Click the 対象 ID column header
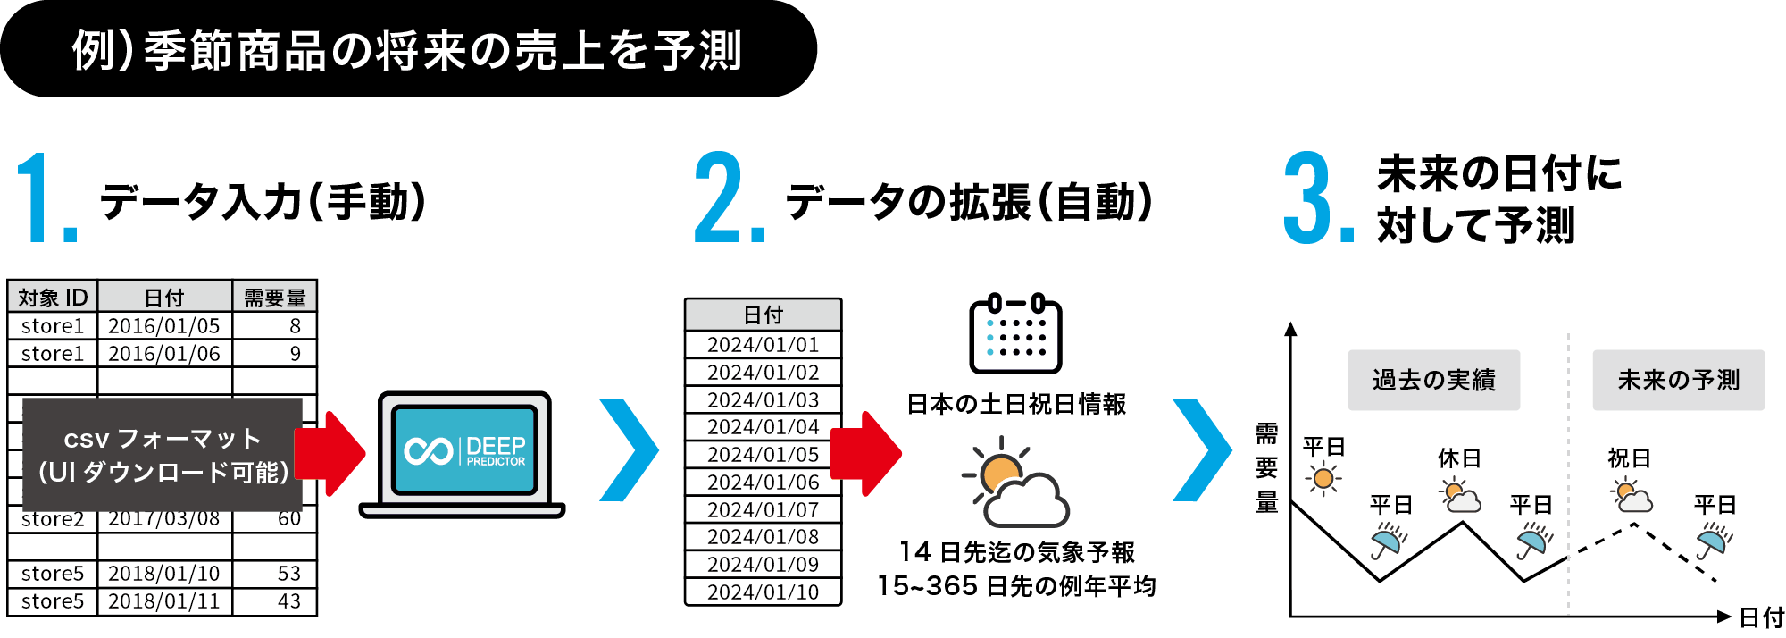pos(53,297)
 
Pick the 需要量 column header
pos(274,297)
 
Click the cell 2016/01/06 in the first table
pos(164,354)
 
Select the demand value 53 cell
pos(274,574)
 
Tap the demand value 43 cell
pos(274,601)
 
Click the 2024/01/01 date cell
pos(763,345)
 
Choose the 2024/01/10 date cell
pos(763,592)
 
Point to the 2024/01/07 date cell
pos(763,510)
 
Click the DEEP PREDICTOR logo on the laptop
pos(465,449)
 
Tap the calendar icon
pos(1015,334)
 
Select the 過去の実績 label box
pos(1433,380)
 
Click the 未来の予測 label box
pos(1678,380)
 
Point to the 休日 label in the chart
pos(1459,458)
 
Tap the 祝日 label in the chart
pos(1629,458)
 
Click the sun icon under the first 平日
pos(1323,479)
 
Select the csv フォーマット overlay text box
pos(163,455)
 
